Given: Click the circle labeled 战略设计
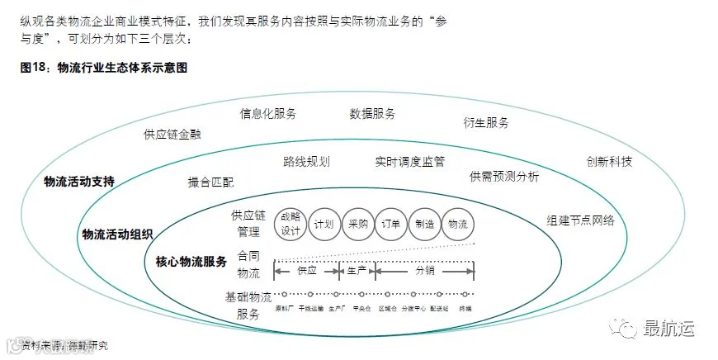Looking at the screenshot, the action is (x=290, y=225).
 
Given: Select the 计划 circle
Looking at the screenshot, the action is (x=324, y=225).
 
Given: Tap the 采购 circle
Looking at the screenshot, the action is (x=357, y=225).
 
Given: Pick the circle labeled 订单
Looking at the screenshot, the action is (x=391, y=225).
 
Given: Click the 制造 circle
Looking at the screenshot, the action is (x=425, y=225).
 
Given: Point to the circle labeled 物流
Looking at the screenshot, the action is (x=459, y=225).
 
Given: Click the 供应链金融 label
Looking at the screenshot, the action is (x=172, y=134).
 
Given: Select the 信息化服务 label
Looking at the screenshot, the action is (x=268, y=113).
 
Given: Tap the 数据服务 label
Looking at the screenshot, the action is (x=372, y=113).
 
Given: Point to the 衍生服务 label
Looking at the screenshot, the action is (x=486, y=123).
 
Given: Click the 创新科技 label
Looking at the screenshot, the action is (x=609, y=162).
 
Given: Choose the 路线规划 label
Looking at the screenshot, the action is (x=306, y=162).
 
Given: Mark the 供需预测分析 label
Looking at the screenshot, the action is (x=504, y=177).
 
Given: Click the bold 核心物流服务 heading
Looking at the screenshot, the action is (x=191, y=262).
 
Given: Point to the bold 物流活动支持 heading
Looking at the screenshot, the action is (x=79, y=181).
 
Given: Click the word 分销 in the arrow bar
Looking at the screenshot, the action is (x=424, y=270).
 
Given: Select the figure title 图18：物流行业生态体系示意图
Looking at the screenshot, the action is (x=103, y=68).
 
